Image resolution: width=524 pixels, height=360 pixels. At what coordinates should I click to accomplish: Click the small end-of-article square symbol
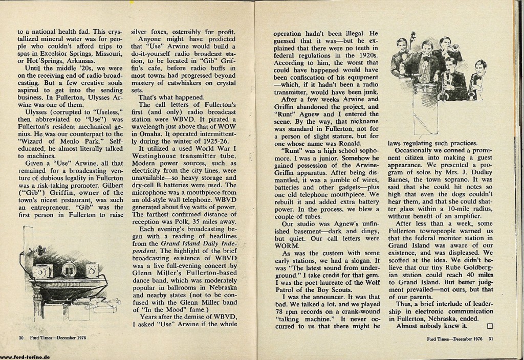click(490, 325)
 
